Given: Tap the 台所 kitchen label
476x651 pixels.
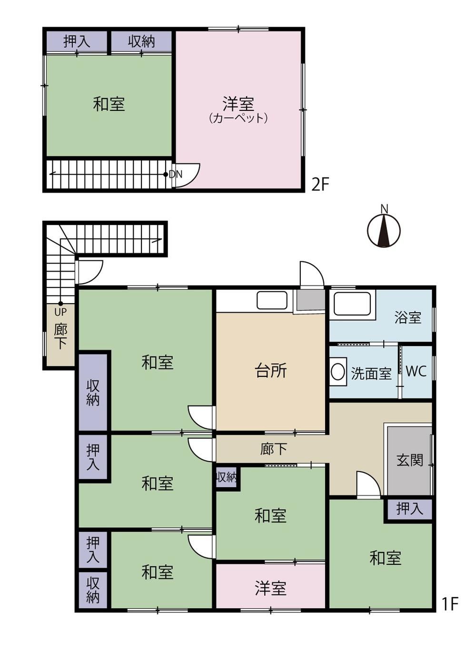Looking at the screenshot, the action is [271, 371].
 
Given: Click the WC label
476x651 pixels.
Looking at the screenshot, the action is [416, 371].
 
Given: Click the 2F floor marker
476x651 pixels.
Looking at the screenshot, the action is [320, 184].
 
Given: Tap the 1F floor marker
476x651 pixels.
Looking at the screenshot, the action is [450, 603].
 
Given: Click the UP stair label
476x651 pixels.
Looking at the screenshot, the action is [60, 312].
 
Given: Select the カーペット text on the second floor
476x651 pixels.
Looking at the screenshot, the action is [238, 118].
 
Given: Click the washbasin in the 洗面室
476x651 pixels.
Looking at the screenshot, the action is [338, 372].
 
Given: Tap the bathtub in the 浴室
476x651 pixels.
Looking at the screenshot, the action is [352, 304].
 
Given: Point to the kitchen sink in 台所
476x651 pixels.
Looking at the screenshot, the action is [272, 300].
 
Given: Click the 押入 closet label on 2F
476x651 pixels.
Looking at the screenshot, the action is [77, 42].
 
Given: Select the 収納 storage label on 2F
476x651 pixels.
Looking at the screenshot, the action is [141, 42].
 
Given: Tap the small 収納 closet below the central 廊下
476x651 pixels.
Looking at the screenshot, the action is [226, 477].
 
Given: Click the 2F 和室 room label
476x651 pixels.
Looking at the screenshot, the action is [109, 104].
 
